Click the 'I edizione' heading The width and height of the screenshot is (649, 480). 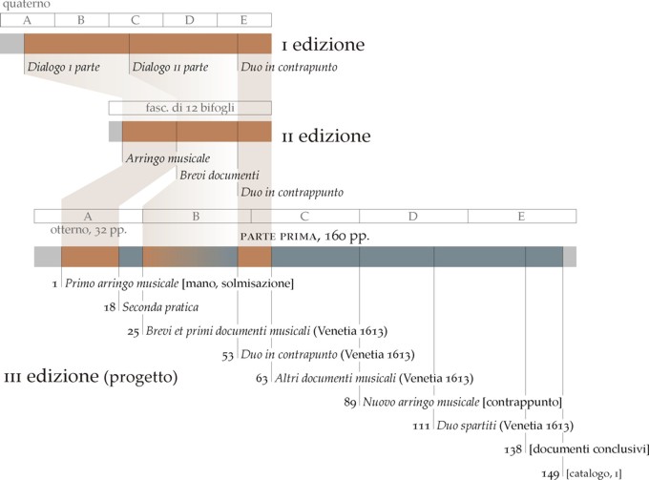323,45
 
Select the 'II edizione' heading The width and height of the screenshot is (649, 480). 325,136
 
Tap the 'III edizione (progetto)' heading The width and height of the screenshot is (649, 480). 91,377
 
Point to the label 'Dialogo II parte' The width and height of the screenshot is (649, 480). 170,67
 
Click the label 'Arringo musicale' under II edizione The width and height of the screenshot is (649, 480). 168,157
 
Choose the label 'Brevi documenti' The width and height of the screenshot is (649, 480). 220,175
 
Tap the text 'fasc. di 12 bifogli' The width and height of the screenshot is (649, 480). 190,107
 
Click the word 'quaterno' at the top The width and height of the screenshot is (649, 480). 26,6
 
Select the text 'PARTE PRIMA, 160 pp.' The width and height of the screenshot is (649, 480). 304,235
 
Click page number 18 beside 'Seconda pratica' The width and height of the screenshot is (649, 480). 111,307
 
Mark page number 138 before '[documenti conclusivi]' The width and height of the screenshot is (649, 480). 513,448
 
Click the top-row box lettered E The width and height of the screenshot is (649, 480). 244,19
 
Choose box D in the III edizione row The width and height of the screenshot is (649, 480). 413,216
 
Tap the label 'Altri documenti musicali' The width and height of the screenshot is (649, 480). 334,378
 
